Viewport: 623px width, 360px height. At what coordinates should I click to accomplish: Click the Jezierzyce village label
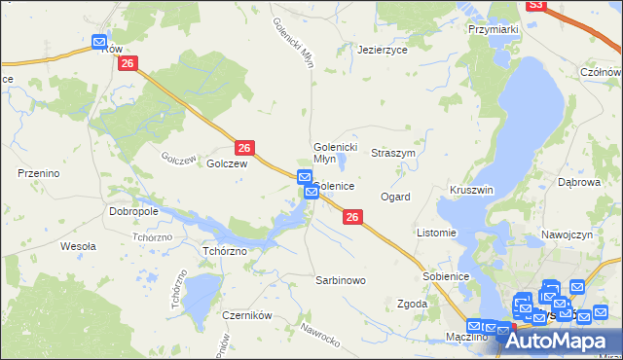coord(383,49)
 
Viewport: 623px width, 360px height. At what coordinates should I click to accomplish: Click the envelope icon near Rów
coord(99,42)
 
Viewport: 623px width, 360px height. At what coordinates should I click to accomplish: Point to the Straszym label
coord(393,154)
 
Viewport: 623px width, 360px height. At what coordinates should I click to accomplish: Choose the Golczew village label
coord(227,164)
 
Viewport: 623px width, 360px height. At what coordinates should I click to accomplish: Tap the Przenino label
coord(40,172)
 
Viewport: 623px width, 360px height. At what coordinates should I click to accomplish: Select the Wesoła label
coord(78,246)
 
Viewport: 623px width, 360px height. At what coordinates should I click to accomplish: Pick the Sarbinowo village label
coord(340,280)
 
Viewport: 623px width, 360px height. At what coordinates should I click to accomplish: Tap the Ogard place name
coord(395,197)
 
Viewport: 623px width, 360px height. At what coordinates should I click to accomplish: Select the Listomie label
coord(436,233)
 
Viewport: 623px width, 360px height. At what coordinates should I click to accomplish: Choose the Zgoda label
coord(413,304)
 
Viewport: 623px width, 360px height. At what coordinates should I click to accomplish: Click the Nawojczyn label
coord(567,235)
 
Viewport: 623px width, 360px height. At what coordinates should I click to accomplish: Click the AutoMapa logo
coord(566,341)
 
